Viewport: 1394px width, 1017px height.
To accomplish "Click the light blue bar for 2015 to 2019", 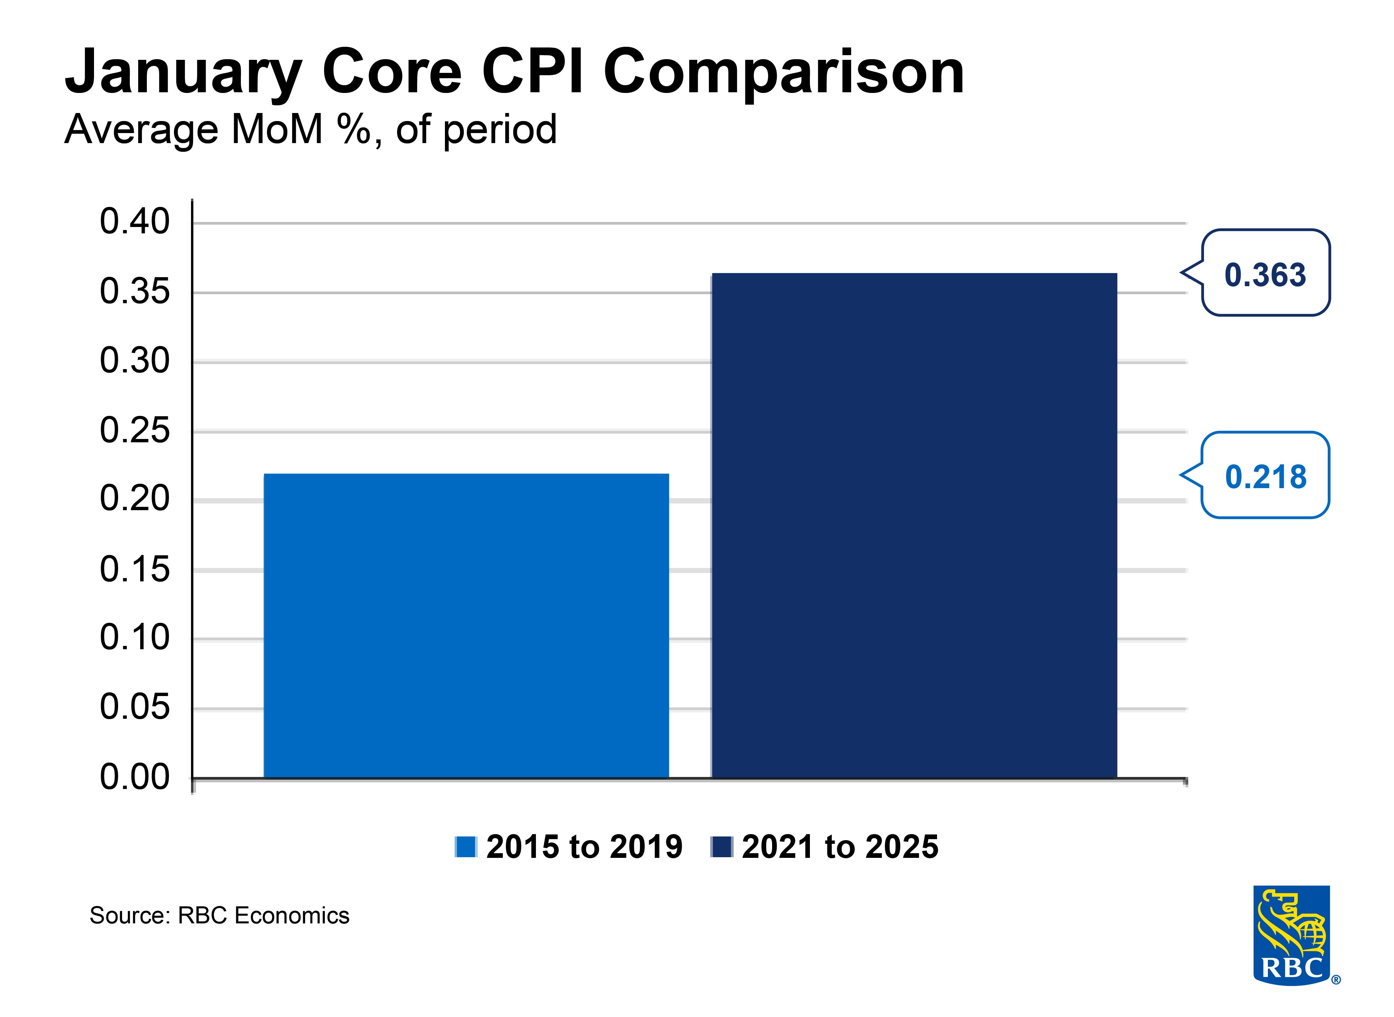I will pyautogui.click(x=466, y=625).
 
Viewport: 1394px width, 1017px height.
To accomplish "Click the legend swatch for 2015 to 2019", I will pyautogui.click(x=466, y=846).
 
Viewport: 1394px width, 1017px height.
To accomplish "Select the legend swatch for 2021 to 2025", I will pyautogui.click(x=721, y=846).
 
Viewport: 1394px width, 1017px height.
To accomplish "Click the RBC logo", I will pyautogui.click(x=1291, y=934).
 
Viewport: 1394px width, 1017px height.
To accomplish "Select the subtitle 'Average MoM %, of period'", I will pyautogui.click(x=310, y=130).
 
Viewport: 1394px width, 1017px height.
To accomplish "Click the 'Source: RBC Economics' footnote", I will pyautogui.click(x=219, y=915).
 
